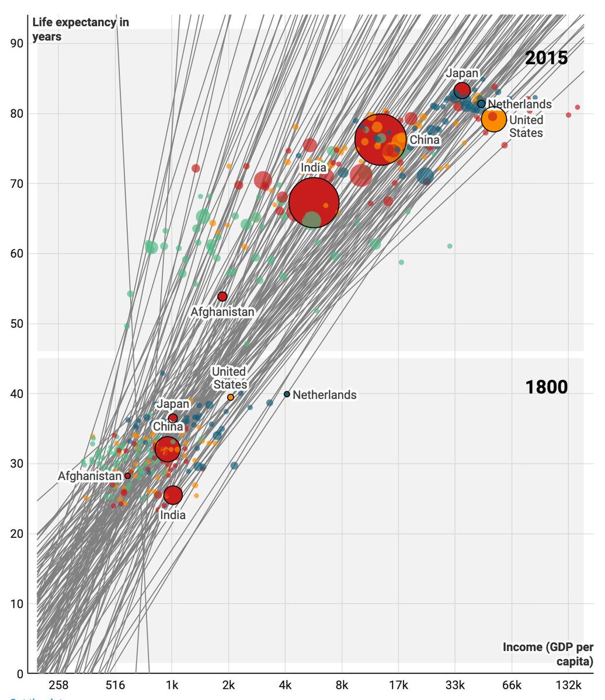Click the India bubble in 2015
[314, 202]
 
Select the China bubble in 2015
[381, 139]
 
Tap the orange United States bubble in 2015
[494, 119]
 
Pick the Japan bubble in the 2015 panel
[462, 90]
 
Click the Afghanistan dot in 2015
[222, 296]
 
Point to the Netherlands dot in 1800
[287, 394]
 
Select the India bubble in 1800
[173, 495]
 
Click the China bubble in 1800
[167, 449]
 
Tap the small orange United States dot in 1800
[231, 397]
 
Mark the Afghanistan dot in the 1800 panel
[127, 476]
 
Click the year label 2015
[546, 58]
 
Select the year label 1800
[546, 387]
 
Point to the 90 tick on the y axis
[17, 44]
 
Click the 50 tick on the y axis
[17, 324]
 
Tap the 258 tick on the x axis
[58, 685]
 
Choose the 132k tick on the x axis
[568, 685]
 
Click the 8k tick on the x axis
[342, 685]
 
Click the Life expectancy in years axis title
[81, 30]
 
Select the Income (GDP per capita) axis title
[548, 654]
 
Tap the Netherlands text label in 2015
[520, 104]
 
